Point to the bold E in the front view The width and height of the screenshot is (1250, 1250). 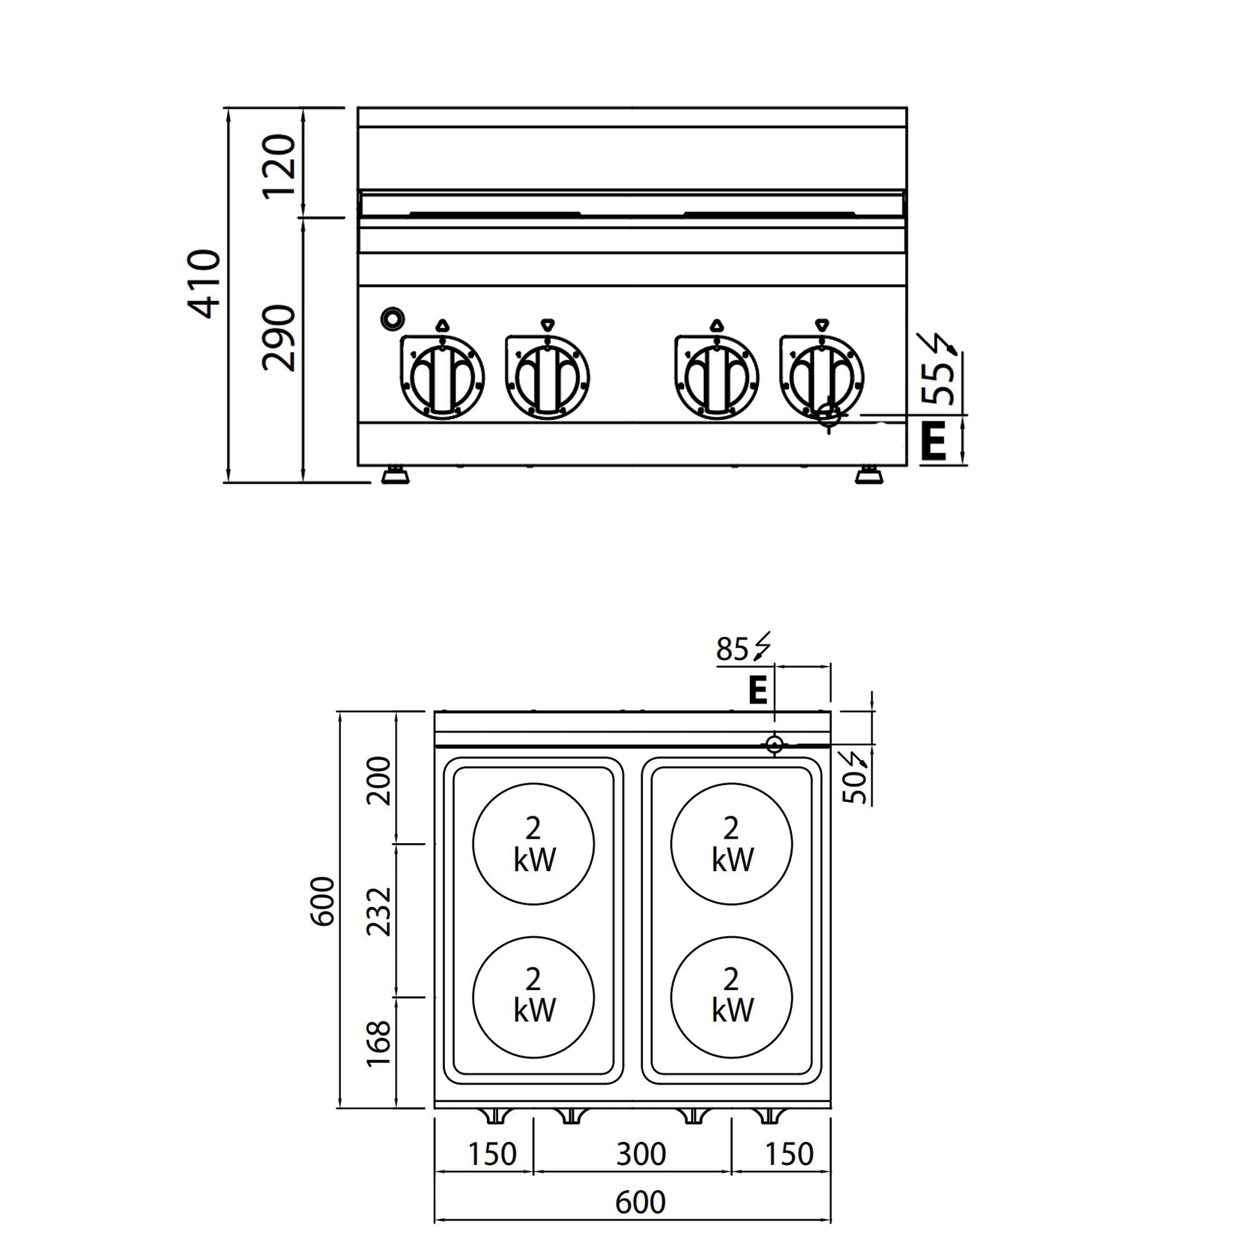click(933, 441)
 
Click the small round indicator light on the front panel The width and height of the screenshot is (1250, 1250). click(392, 318)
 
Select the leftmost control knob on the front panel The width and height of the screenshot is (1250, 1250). click(442, 378)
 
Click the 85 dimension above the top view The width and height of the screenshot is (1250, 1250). click(732, 649)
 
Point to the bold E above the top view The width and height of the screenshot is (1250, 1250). click(757, 691)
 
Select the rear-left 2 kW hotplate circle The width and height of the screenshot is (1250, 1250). click(533, 844)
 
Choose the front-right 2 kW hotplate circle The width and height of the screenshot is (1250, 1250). click(731, 997)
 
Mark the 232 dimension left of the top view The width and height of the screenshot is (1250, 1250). click(380, 912)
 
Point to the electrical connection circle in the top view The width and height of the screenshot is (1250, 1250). click(774, 745)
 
